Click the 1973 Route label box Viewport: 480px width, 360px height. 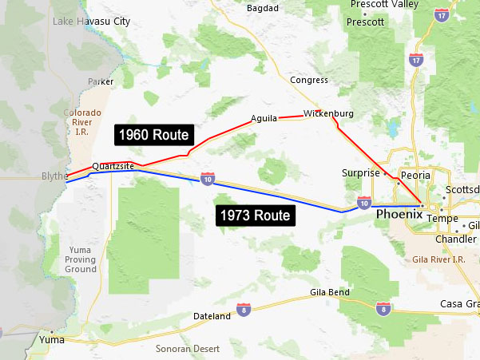pyautogui.click(x=255, y=215)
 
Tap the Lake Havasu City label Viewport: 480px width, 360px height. pyautogui.click(x=91, y=22)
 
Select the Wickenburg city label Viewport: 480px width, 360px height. pyautogui.click(x=328, y=113)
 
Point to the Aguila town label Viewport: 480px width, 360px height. pyautogui.click(x=264, y=118)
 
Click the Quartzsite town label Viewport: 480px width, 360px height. pyautogui.click(x=112, y=166)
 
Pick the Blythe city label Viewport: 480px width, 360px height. pyautogui.click(x=54, y=176)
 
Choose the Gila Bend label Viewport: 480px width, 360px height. pyautogui.click(x=330, y=293)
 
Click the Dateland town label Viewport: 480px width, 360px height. pyautogui.click(x=212, y=317)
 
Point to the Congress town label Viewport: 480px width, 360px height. pyautogui.click(x=309, y=80)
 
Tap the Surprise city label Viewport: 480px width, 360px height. pyautogui.click(x=360, y=172)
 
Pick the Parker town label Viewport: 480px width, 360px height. pyautogui.click(x=101, y=81)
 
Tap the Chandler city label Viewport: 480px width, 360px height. pyautogui.click(x=456, y=239)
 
